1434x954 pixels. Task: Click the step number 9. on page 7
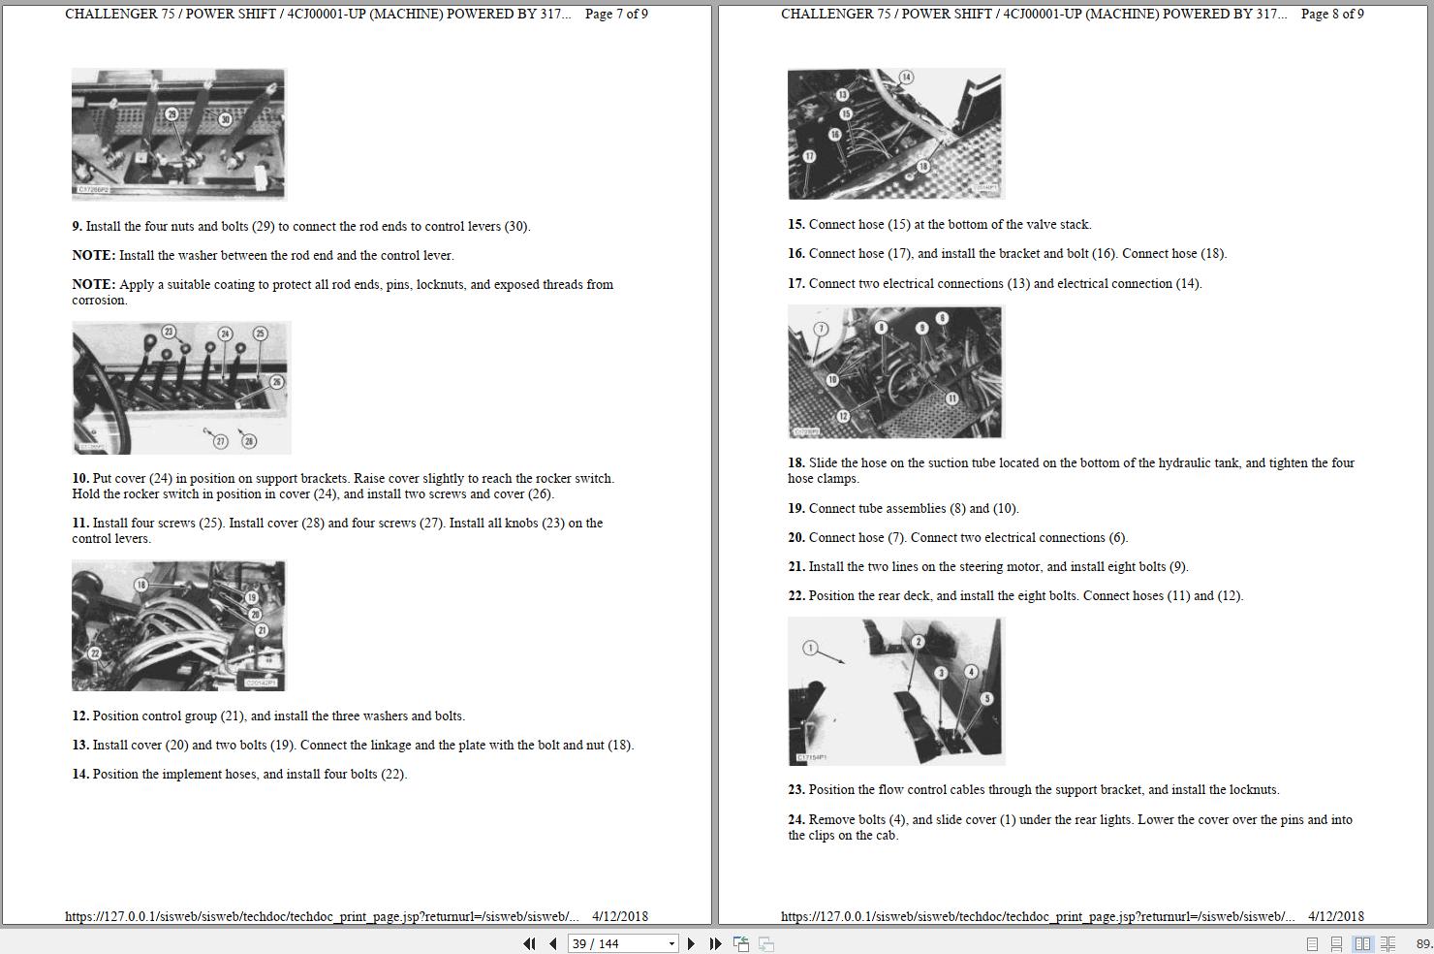pyautogui.click(x=77, y=226)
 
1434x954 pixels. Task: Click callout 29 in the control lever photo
pyautogui.click(x=171, y=114)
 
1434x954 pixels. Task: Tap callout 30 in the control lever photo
pyautogui.click(x=226, y=119)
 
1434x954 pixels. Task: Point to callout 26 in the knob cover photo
pyautogui.click(x=276, y=382)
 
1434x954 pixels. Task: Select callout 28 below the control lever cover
pyautogui.click(x=249, y=441)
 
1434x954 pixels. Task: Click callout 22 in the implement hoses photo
pyautogui.click(x=95, y=653)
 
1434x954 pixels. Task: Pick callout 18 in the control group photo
pyautogui.click(x=141, y=585)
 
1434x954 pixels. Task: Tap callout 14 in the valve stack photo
pyautogui.click(x=907, y=78)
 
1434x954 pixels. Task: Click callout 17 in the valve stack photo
pyautogui.click(x=809, y=156)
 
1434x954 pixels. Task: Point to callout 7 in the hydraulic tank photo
pyautogui.click(x=821, y=330)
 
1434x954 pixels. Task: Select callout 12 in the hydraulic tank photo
pyautogui.click(x=843, y=416)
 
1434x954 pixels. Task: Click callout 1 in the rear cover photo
pyautogui.click(x=810, y=649)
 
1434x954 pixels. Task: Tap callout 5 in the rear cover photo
pyautogui.click(x=986, y=698)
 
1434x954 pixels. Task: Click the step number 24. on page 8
pyautogui.click(x=795, y=819)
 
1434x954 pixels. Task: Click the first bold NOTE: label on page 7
pyautogui.click(x=93, y=255)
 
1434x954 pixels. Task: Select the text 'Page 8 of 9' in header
pyautogui.click(x=1332, y=15)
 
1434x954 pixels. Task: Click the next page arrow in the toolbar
pyautogui.click(x=691, y=943)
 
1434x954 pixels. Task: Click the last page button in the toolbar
pyautogui.click(x=716, y=943)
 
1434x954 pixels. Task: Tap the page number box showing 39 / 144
pyautogui.click(x=623, y=943)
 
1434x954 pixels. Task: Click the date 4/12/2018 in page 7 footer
pyautogui.click(x=620, y=917)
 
